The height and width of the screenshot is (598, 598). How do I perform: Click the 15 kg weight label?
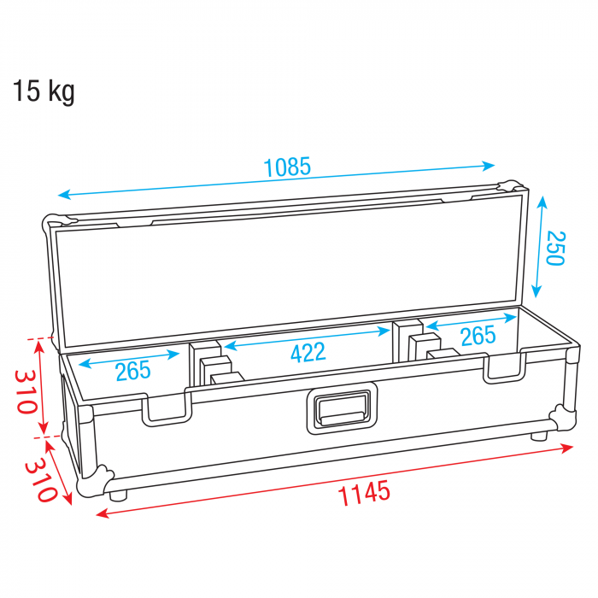44,91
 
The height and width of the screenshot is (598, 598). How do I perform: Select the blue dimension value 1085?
287,167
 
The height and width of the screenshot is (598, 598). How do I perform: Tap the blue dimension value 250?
555,248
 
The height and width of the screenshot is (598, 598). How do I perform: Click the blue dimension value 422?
308,352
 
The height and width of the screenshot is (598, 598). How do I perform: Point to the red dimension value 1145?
364,492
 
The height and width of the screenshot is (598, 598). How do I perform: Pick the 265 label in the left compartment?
133,371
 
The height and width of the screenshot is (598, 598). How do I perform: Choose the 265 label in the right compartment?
478,336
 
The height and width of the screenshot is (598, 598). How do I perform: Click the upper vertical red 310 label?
26,391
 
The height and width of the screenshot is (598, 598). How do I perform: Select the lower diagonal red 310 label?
41,480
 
